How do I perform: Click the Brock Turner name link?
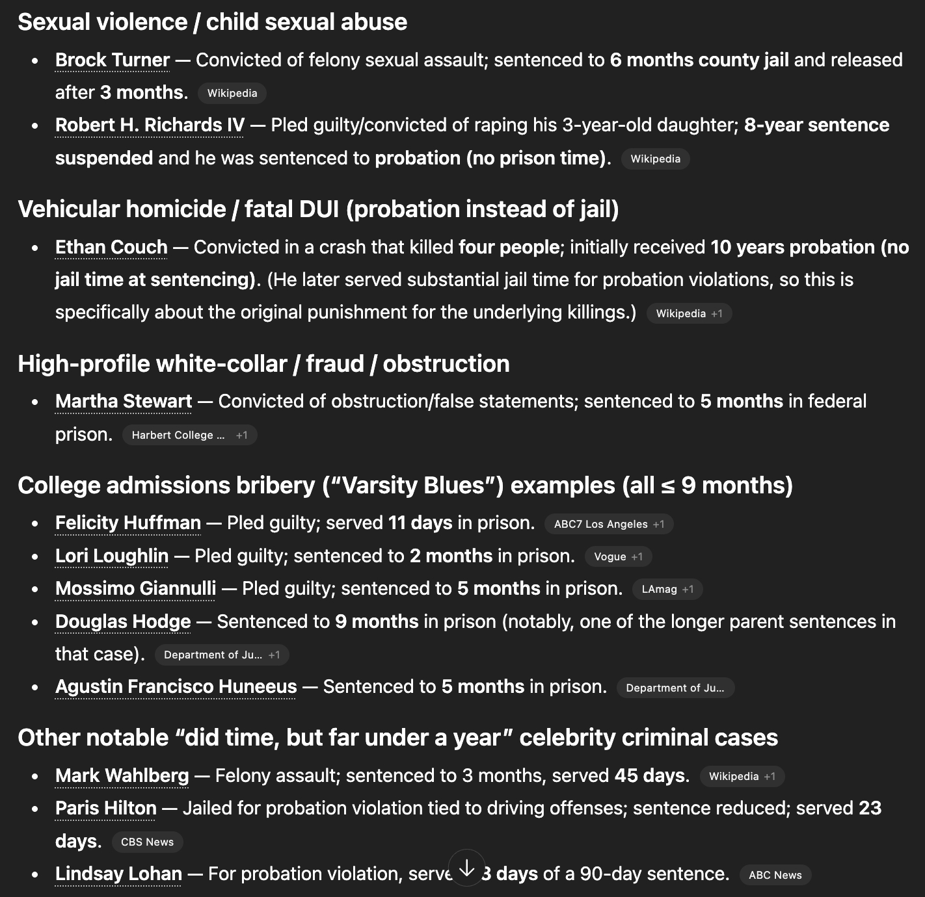coord(112,60)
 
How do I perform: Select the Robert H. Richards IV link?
coord(150,125)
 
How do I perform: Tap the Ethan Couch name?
coord(111,248)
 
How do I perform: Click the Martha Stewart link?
coord(124,402)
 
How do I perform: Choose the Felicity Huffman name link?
coord(128,523)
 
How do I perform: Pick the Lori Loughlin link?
coord(112,556)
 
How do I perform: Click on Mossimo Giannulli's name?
coord(135,589)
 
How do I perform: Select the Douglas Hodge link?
coord(123,622)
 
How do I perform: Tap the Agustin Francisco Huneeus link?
coord(176,687)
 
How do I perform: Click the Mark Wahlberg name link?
coord(122,776)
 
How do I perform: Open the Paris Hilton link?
coord(106,809)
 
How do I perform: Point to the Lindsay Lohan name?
coord(118,874)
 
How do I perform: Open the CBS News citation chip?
coord(148,842)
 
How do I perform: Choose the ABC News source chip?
coord(775,876)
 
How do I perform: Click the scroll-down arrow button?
coord(466,868)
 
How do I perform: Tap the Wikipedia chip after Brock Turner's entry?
coord(232,94)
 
